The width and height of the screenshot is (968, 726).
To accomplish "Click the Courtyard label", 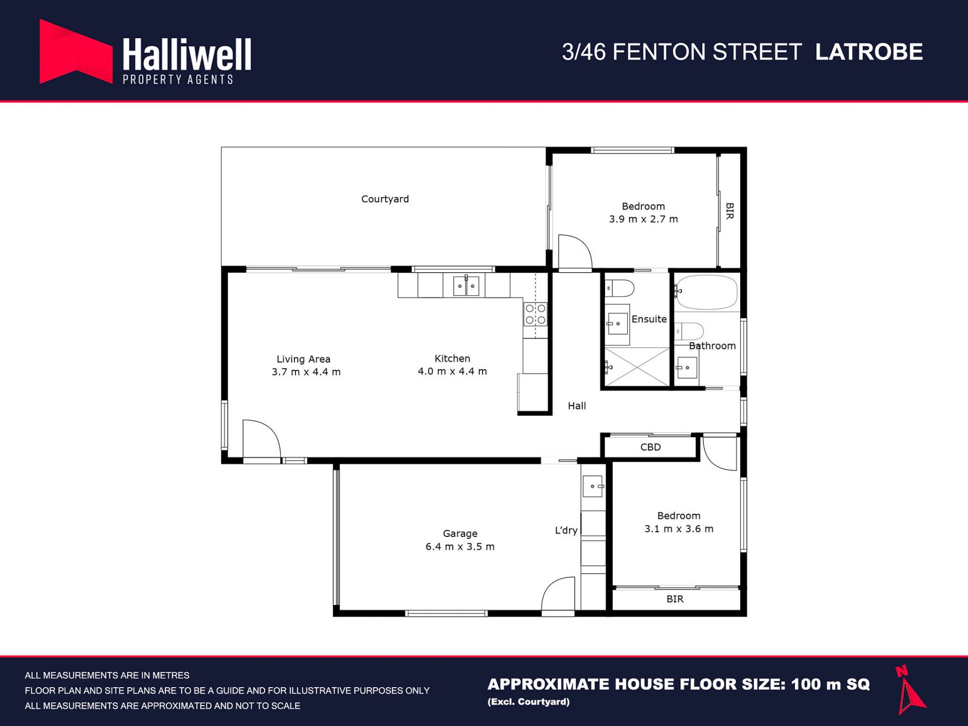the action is click(x=385, y=199).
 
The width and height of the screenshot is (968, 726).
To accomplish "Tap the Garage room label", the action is click(x=460, y=533).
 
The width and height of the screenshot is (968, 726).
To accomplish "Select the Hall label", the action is click(x=577, y=406).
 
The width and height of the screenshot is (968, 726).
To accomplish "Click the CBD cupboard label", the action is click(x=650, y=447).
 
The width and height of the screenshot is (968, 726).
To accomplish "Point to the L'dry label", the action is click(x=566, y=530).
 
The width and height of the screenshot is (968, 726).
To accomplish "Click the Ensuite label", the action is click(x=649, y=319).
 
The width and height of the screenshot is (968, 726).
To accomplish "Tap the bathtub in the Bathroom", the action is click(x=706, y=292).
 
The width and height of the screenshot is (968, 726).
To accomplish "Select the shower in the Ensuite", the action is click(x=637, y=367).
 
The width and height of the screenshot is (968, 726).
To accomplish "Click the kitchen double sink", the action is click(x=466, y=286).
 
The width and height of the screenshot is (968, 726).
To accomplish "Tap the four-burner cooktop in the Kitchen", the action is click(x=535, y=314).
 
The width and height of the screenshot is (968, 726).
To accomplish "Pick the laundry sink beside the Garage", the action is click(x=593, y=486).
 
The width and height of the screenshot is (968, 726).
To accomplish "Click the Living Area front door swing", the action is click(x=262, y=439).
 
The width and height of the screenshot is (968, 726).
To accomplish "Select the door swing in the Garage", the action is click(x=558, y=594).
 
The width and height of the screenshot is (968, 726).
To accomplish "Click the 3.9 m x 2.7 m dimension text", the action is click(x=643, y=219).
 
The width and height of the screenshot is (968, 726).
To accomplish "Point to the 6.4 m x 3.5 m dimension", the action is click(x=460, y=547).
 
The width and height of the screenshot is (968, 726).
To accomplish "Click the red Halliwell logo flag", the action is click(x=76, y=51).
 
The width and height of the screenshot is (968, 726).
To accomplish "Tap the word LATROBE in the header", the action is click(x=869, y=52).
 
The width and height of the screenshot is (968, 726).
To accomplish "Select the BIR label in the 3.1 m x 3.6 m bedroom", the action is click(x=675, y=599).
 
